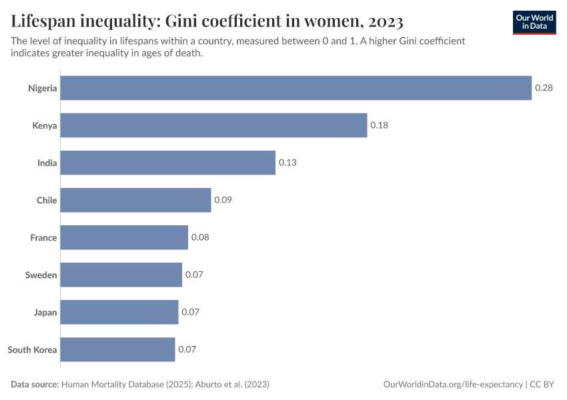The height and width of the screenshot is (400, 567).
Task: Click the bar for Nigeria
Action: [x=296, y=88]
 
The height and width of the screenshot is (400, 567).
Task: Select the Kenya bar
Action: [x=213, y=125]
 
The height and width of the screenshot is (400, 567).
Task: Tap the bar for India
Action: [x=168, y=163]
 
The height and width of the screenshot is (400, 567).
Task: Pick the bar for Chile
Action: [x=135, y=200]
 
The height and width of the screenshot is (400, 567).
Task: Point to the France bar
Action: [x=124, y=237]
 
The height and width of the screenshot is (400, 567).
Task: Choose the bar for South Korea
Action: [x=117, y=349]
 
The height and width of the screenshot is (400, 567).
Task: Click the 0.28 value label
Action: [x=544, y=88]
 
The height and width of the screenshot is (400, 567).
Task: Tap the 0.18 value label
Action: [x=379, y=125]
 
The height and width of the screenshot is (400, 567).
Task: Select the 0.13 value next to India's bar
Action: [x=288, y=163]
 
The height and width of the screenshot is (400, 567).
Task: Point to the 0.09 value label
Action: [x=223, y=200]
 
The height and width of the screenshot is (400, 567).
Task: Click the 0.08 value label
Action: [x=200, y=237]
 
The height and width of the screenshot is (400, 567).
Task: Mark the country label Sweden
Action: [x=41, y=275]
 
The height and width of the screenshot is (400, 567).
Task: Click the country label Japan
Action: [x=45, y=312]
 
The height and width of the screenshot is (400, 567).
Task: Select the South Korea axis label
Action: [x=32, y=349]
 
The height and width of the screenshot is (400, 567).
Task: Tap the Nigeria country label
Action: [x=42, y=88]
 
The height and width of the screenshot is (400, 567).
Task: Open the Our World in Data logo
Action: [x=534, y=22]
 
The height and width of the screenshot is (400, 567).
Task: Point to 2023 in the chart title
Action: [x=382, y=21]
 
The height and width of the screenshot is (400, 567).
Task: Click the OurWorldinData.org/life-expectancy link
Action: [x=454, y=385]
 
